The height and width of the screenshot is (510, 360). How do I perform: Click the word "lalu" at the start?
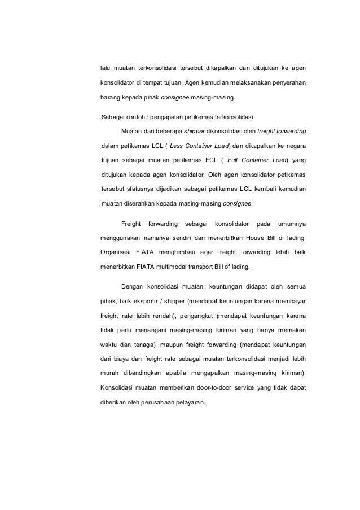coord(106,69)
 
